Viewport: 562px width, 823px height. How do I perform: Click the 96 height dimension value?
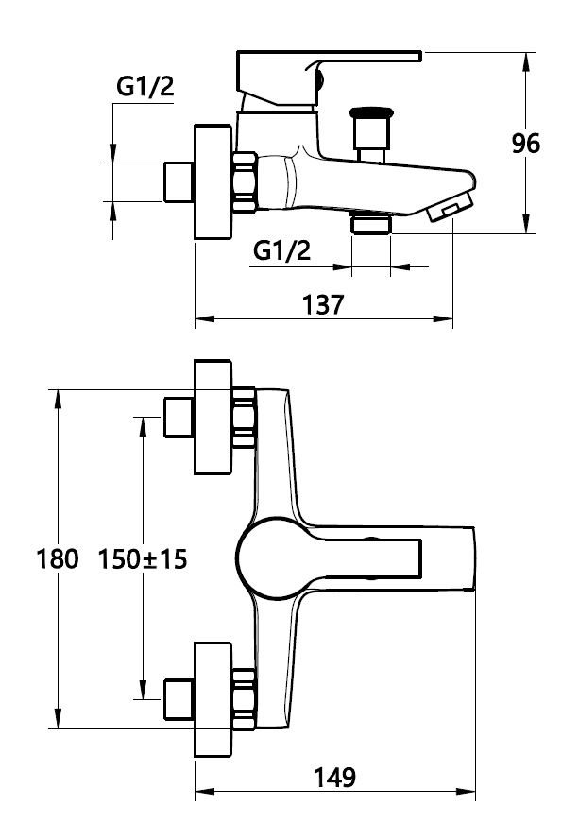coord(526,144)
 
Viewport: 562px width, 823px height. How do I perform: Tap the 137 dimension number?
coord(323,305)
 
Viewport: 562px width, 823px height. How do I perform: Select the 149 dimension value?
coord(334,778)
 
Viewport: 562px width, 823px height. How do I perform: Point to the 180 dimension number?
coord(58,558)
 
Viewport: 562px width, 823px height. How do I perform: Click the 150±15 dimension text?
coord(143,558)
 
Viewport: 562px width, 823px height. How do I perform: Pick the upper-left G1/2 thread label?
coord(145,87)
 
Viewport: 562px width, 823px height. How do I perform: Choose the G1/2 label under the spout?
coord(281,251)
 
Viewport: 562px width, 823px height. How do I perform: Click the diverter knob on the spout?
coord(371,134)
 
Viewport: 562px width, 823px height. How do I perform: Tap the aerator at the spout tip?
coord(451,207)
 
